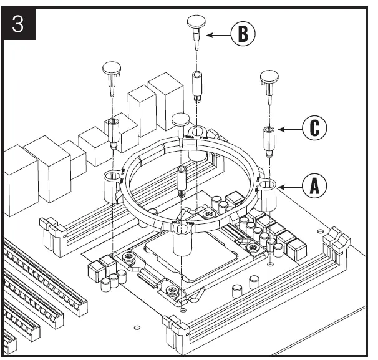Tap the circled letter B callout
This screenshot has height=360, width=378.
[242, 35]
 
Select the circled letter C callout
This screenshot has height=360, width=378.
[314, 129]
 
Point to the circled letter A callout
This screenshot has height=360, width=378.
[314, 185]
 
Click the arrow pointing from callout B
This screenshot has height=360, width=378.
[218, 36]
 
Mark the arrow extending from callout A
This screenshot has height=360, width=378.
[289, 185]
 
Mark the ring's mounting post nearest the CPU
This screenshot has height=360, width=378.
[180, 237]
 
